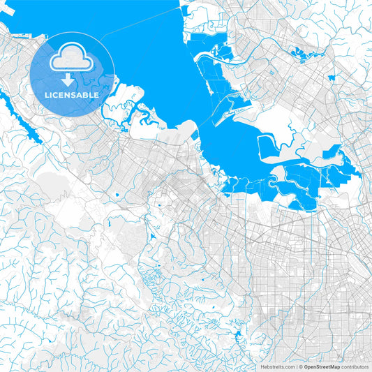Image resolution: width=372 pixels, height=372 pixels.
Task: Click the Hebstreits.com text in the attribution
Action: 278,366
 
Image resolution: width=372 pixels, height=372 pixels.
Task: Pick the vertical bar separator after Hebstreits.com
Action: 296,366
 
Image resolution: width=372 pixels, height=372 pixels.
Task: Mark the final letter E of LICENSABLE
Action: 97,94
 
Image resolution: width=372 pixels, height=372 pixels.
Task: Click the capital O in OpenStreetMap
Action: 306,366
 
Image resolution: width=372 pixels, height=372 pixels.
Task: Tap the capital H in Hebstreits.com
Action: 262,366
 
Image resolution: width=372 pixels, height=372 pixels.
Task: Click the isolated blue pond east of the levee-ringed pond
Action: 329,152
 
